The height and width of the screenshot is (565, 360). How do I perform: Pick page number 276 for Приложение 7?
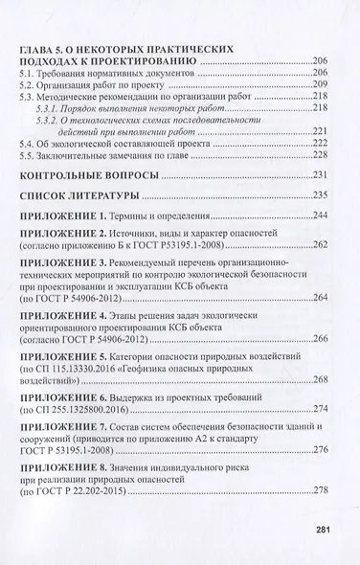click(x=331, y=505)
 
